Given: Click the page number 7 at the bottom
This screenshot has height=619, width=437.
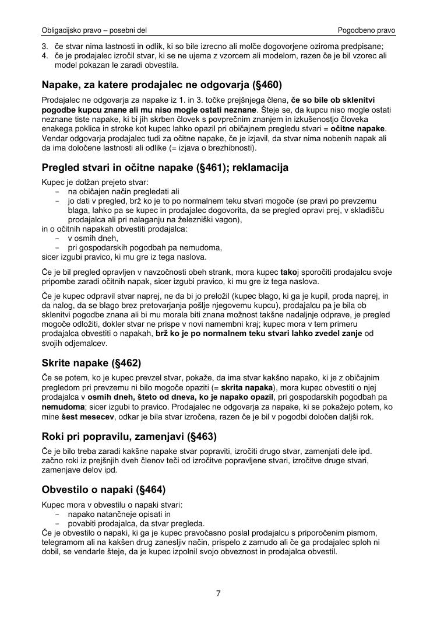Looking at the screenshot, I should tap(218, 594).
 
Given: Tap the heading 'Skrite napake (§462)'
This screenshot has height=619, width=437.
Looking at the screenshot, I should tap(91, 363).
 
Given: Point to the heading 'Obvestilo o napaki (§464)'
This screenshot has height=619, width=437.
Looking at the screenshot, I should tap(104, 489).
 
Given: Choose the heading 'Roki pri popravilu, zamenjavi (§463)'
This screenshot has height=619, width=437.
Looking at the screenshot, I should tap(129, 436).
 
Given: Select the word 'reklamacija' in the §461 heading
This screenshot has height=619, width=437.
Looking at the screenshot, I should tap(259, 168).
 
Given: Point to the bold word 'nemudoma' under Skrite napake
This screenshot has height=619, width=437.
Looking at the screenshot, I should tap(62, 407).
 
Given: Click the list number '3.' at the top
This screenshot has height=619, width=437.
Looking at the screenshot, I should tap(45, 46).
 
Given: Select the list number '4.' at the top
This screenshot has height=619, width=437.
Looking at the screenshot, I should tap(45, 55).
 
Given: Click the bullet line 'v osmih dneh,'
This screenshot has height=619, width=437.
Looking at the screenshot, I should tap(93, 238).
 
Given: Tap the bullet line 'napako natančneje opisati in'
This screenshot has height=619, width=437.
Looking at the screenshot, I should tap(119, 514).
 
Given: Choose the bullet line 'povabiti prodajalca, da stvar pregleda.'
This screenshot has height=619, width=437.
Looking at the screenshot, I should tap(136, 523).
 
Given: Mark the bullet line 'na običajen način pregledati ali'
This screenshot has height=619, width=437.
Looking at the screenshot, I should tap(124, 191).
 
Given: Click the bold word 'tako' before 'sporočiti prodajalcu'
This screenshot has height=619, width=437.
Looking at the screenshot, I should tap(288, 272).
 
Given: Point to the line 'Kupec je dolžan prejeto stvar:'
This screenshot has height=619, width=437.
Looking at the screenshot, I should tap(96, 181).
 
